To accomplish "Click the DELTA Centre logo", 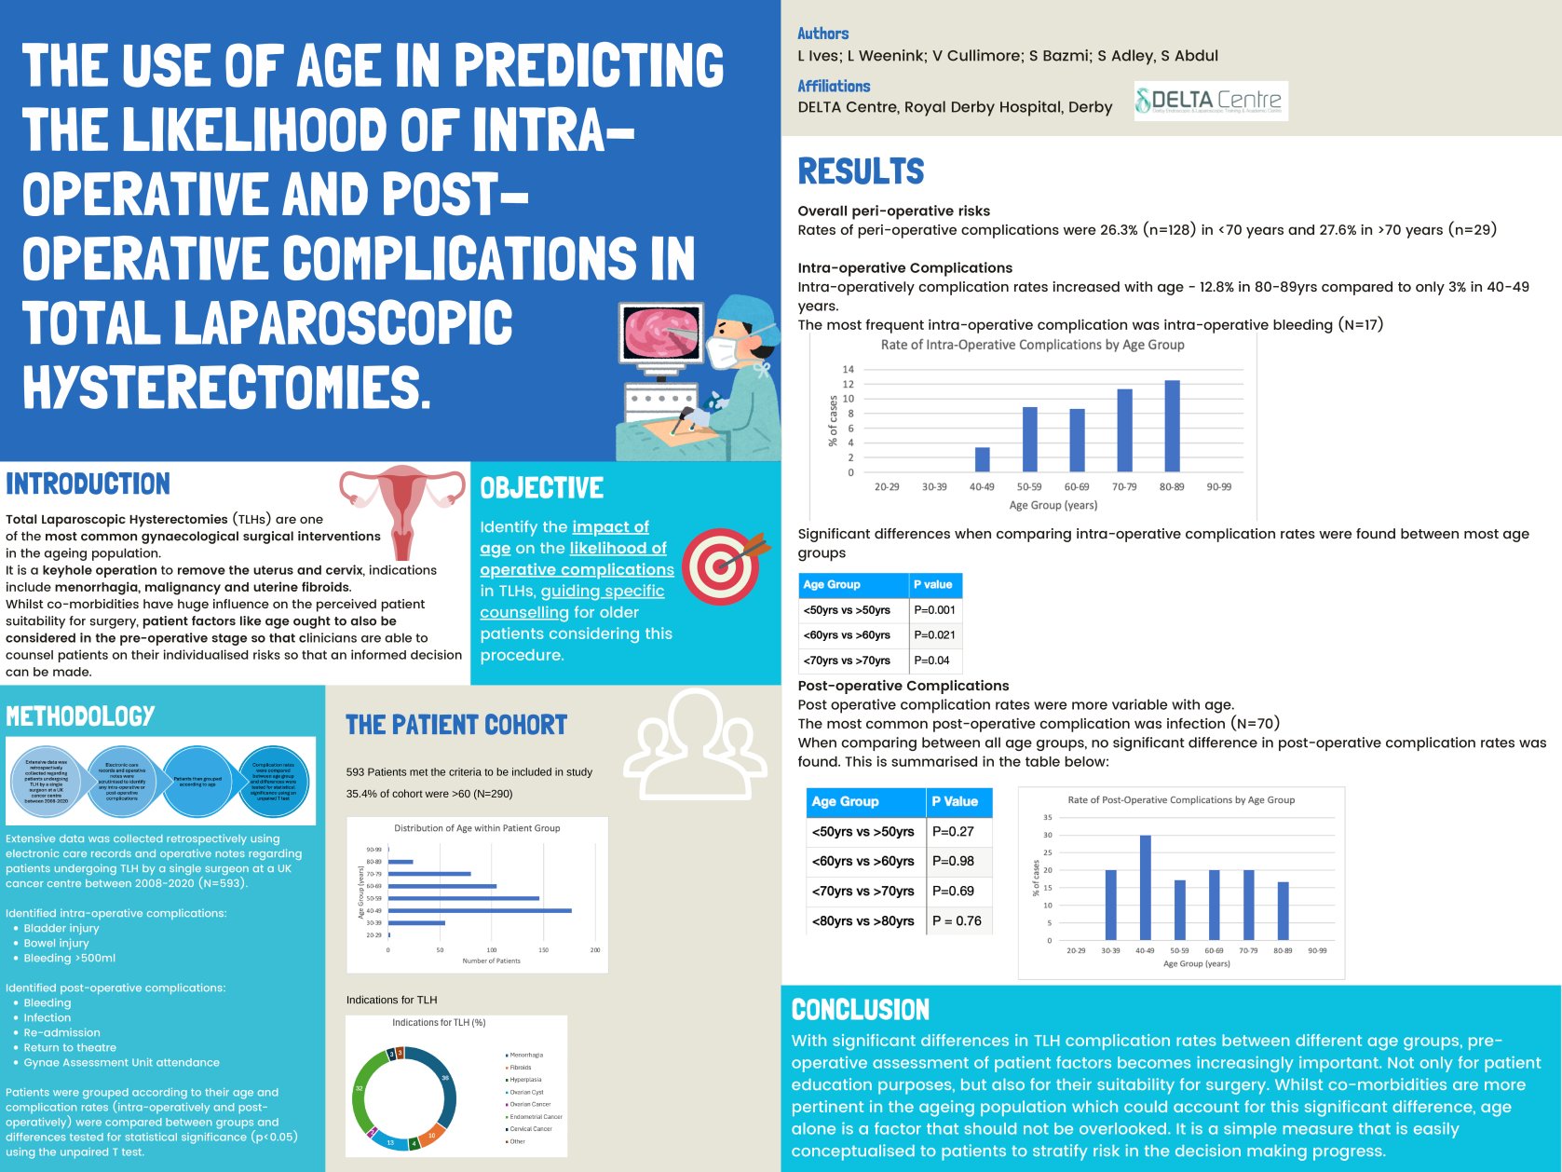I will pos(1211,101).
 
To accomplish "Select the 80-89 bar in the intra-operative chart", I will pos(1172,427).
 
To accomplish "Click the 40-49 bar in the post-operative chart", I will pos(1145,888).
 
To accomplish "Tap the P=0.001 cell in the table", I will pos(934,610).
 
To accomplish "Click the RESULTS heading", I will pos(861,172).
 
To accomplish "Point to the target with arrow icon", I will pos(725,565).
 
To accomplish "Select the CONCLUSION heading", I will pos(860,1010).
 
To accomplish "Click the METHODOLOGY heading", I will pos(80,716).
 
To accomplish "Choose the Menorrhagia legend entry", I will pos(526,1055).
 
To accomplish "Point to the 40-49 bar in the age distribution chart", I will pos(480,910).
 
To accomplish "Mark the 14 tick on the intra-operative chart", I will pos(848,370).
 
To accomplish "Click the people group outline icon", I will pos(696,741).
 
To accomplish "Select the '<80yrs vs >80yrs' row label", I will pos(862,920).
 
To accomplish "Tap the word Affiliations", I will pos(834,87).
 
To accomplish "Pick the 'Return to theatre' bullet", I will pos(70,1047).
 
